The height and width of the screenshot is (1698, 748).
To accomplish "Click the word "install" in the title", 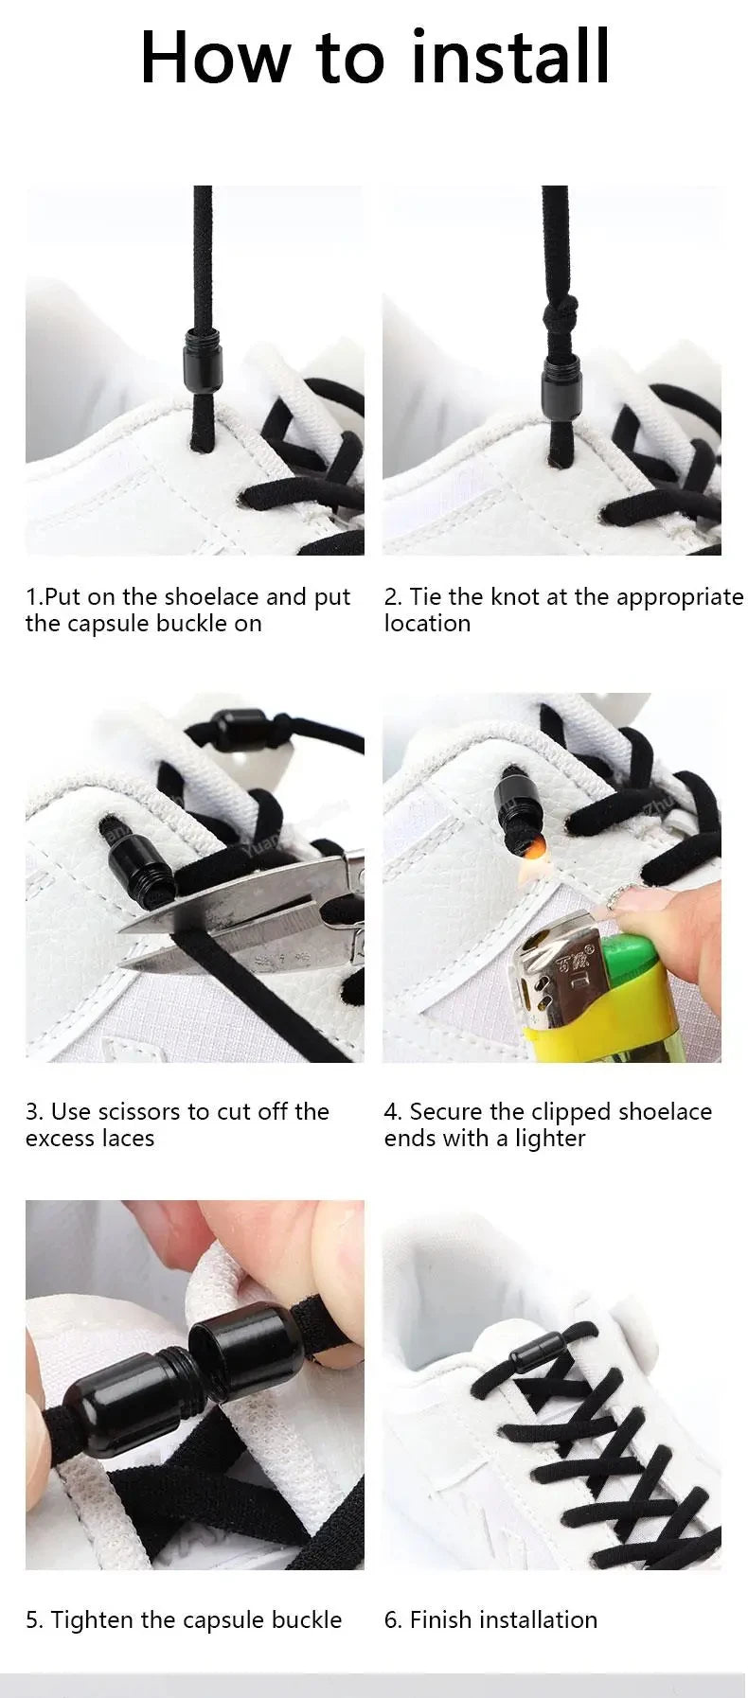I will pos(510,59).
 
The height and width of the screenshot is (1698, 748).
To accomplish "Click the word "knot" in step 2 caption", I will pos(516,597).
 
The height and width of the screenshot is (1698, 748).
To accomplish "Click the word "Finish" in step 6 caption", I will pos(441,1620).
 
